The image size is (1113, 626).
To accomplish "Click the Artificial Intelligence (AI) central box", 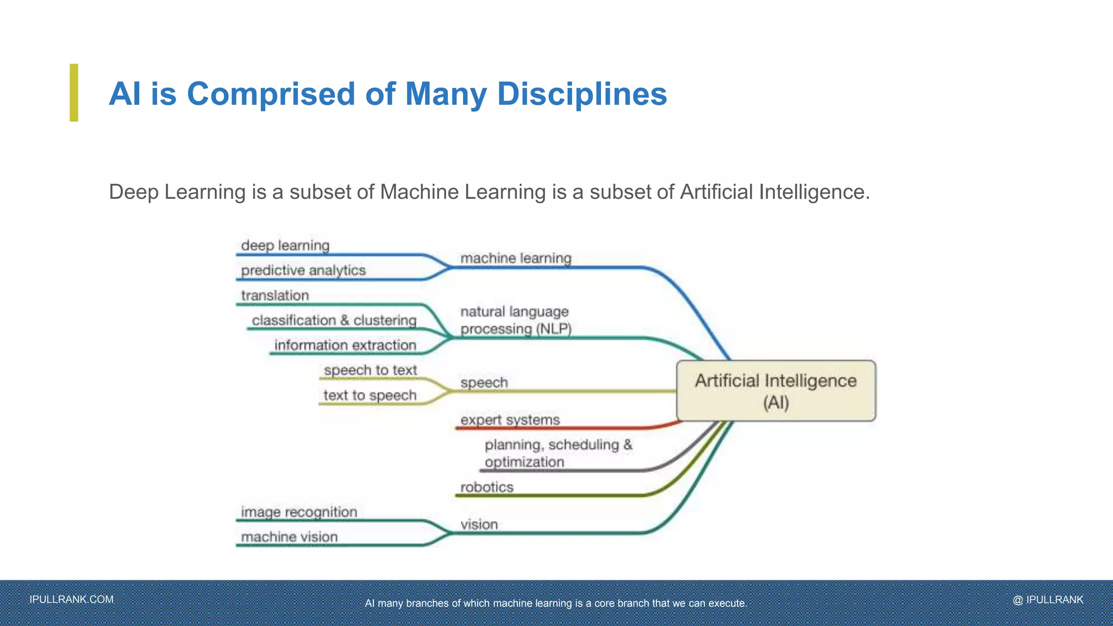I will point(776,391).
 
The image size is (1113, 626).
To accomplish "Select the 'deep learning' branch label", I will point(285,246).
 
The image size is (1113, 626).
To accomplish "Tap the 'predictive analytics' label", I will point(303,271).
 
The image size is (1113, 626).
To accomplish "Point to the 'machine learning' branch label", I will point(516,258).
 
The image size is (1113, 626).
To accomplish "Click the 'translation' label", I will point(275,296).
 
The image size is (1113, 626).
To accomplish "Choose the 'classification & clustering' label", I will point(334,321).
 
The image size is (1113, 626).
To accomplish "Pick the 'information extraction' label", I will point(345,346).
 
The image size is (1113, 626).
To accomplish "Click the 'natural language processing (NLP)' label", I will point(515,321).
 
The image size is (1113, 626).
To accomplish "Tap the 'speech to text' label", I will point(370,371).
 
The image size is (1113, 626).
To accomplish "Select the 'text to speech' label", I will point(370,396).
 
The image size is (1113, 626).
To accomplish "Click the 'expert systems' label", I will point(510,420).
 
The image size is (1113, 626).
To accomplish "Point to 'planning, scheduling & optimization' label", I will point(558,453).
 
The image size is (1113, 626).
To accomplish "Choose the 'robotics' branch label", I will point(486,487).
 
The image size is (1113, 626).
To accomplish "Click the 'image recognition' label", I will point(299,512).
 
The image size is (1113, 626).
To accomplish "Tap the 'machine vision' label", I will point(289,537).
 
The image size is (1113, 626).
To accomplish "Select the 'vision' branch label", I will point(479,525).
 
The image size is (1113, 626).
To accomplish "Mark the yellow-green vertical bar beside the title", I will point(74,92).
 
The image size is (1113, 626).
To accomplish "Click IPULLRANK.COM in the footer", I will point(72,599).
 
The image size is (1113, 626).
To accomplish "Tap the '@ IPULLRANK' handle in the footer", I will point(1048,600).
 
